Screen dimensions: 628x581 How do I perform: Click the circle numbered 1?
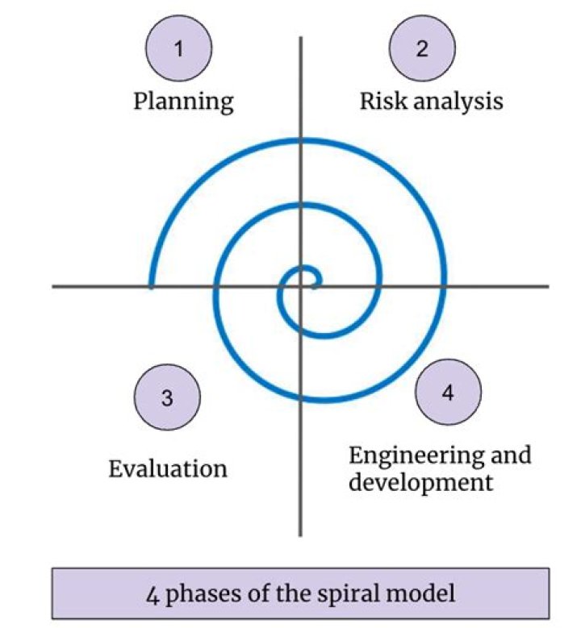179,48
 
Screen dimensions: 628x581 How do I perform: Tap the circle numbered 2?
422,48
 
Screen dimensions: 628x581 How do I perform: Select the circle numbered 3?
167,397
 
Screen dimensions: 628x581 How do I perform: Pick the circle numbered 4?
448,393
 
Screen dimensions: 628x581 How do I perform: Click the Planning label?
183,102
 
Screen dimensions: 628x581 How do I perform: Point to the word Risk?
380,102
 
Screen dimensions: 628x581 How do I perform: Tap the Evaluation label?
168,468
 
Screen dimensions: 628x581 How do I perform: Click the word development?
420,484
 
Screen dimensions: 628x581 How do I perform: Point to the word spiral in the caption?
362,595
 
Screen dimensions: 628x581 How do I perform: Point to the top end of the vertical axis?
300,37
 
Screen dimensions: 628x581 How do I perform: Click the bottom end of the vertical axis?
300,534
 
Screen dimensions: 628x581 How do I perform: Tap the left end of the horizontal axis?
54,285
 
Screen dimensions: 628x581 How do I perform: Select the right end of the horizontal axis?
547,285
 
